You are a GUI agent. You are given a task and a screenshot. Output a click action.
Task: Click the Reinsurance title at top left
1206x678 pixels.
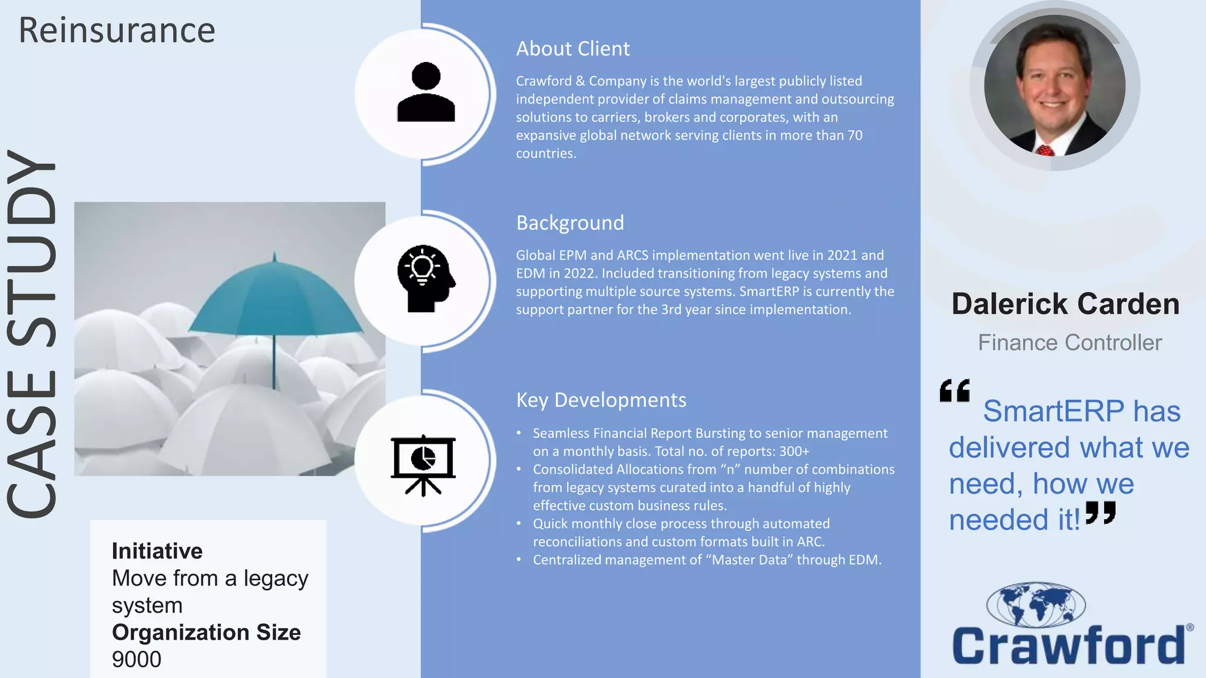[117, 31]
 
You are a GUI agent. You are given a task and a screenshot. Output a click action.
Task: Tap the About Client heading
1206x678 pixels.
[572, 49]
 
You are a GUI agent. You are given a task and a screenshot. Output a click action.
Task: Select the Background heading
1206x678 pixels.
[569, 223]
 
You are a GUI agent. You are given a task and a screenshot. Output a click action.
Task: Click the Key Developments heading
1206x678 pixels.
[601, 400]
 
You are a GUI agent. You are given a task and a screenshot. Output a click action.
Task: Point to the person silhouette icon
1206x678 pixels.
[426, 93]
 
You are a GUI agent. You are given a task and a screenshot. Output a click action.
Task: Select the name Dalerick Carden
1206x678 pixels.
[1065, 304]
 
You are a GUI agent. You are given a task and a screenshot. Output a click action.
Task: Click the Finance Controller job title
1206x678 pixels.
[1069, 343]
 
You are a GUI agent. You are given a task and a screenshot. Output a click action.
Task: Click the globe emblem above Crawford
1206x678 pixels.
[1036, 604]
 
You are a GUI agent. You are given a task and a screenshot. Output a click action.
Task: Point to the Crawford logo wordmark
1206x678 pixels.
[1068, 646]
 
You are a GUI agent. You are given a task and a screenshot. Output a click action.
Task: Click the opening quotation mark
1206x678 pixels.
[955, 391]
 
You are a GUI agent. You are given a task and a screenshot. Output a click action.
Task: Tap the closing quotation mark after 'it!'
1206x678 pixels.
[1101, 513]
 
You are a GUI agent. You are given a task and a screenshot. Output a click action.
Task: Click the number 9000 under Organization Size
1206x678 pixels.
[137, 660]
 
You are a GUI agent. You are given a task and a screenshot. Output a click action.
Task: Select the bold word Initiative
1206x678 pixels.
[157, 551]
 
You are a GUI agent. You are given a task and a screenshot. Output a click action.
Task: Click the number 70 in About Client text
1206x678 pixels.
[854, 135]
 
